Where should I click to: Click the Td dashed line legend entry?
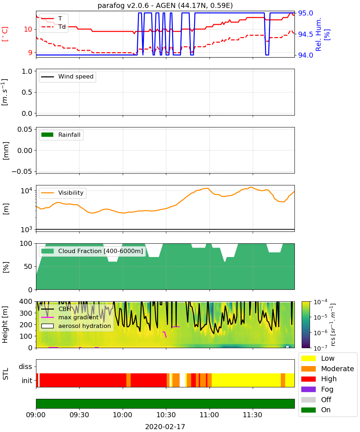(x=53, y=27)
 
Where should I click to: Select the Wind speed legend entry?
(x=67, y=77)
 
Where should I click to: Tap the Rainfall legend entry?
(x=61, y=135)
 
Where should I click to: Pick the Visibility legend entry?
(x=62, y=193)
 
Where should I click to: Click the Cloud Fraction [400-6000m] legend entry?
(x=92, y=251)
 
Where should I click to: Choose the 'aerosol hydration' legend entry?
(x=76, y=326)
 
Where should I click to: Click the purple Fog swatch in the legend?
(x=308, y=389)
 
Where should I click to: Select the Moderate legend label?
(x=337, y=369)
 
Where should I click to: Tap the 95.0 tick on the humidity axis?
(x=305, y=13)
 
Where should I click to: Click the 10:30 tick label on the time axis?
(x=166, y=415)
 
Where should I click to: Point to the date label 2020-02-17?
(x=165, y=427)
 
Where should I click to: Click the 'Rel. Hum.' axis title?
(x=318, y=34)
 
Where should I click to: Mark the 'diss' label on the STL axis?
(x=25, y=366)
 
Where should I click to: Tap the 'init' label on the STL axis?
(x=27, y=381)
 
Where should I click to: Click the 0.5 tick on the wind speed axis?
(x=27, y=92)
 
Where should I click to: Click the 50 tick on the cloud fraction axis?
(x=28, y=266)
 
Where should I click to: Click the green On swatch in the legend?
(x=308, y=410)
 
